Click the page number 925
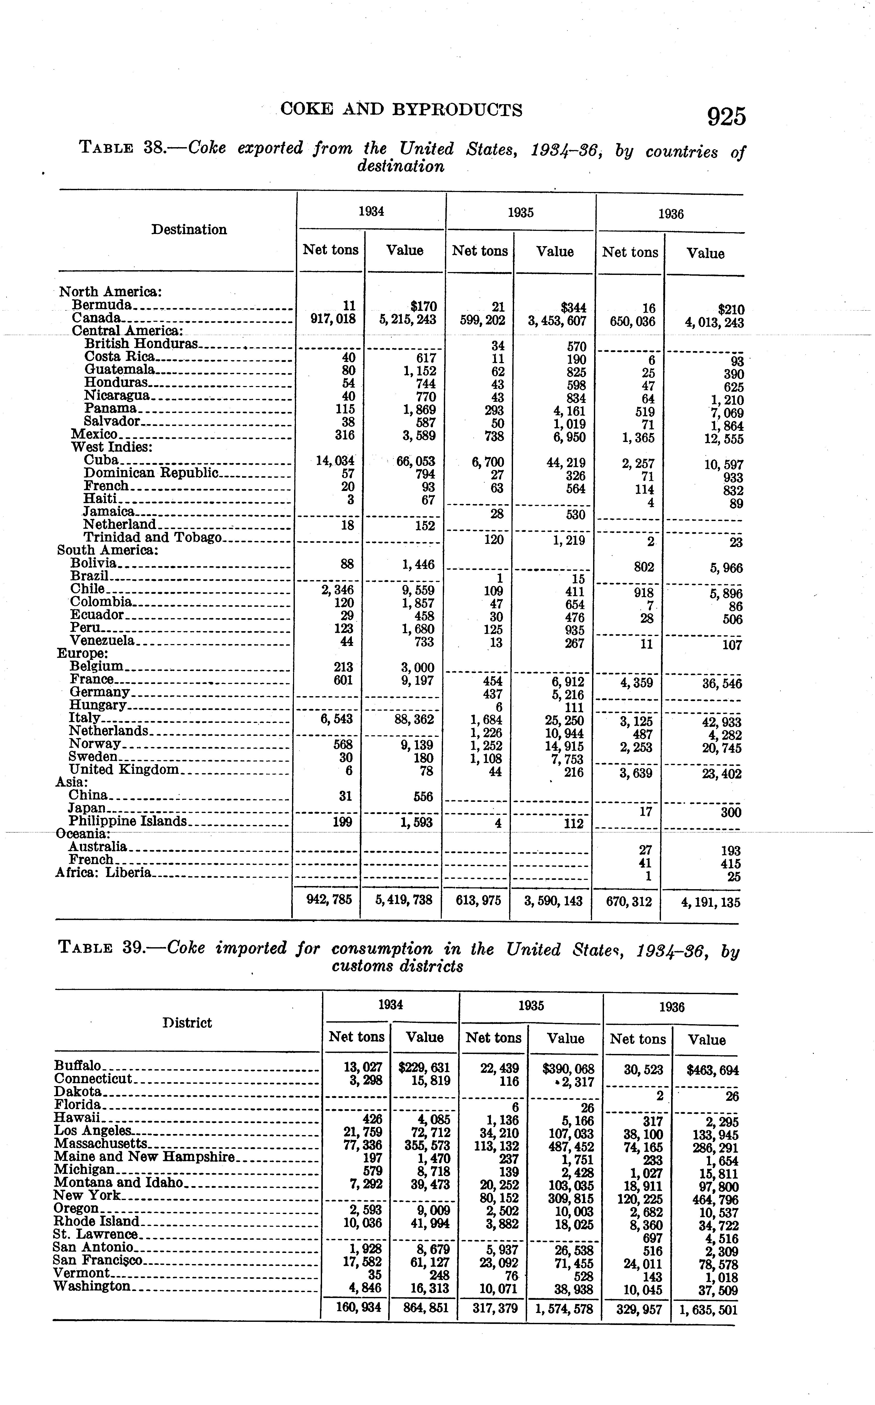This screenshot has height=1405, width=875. [726, 117]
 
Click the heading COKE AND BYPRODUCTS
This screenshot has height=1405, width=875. [401, 109]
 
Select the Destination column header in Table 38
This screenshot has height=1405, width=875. [189, 230]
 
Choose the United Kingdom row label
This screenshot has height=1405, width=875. [124, 770]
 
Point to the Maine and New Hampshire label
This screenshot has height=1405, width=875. [144, 1157]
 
